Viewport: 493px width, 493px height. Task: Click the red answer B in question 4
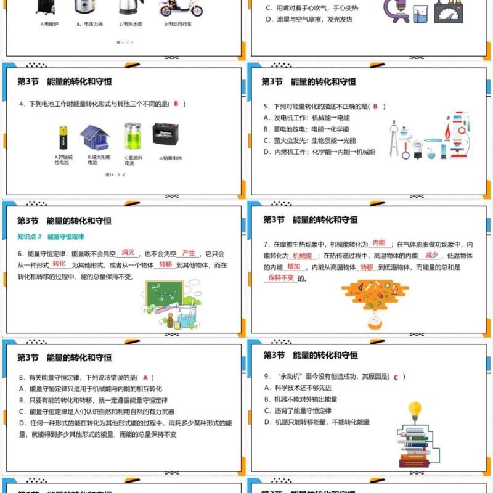coord(176,104)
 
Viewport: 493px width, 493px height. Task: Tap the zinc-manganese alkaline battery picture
coord(63,137)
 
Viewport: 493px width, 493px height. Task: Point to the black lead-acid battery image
coord(166,134)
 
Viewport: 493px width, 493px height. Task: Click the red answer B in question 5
coord(375,106)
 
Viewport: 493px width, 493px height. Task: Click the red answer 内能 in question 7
coord(379,243)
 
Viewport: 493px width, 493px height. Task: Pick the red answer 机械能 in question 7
coord(303,255)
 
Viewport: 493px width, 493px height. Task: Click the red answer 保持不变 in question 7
coord(281,278)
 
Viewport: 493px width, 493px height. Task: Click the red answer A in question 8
coord(145,377)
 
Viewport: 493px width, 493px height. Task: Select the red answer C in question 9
coord(395,377)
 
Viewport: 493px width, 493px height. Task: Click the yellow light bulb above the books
coord(415,409)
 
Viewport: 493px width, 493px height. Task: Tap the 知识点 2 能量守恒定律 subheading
coord(51,236)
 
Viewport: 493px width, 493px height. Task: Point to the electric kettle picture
coord(129,7)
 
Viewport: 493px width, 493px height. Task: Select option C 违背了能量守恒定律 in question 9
coord(298,410)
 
